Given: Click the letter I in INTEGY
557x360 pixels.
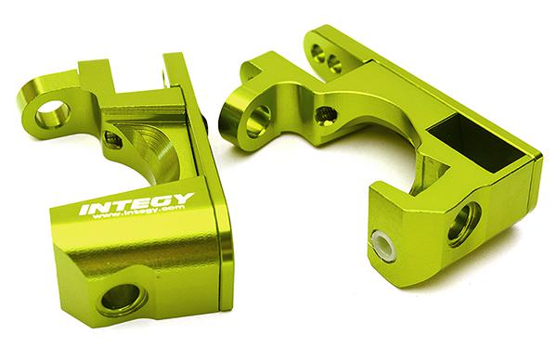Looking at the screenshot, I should [x=84, y=211].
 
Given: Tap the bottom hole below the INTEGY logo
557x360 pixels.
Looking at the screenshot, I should [x=122, y=299].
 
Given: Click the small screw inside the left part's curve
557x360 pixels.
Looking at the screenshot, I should [x=113, y=140].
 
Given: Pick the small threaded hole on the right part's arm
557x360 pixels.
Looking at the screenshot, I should [x=324, y=115].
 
